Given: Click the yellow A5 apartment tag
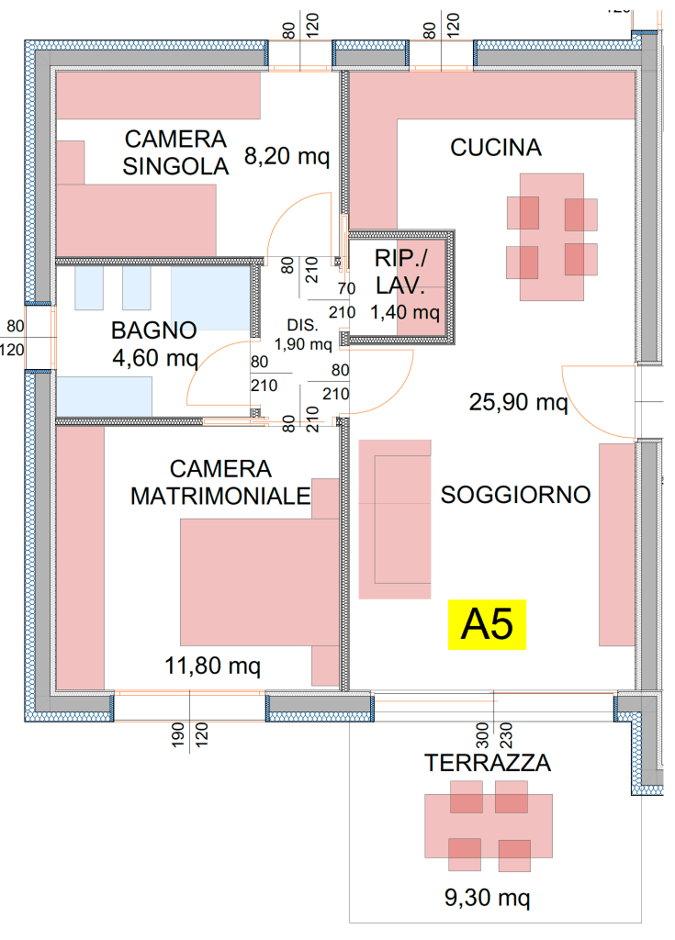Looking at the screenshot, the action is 487,624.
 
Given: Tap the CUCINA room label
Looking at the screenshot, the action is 496,148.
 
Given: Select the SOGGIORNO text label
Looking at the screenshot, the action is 515,495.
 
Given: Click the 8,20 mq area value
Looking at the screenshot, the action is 287,156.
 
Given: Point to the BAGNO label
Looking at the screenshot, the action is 153,330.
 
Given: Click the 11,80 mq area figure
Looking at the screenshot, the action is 212,666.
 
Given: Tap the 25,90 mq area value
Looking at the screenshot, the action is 518,402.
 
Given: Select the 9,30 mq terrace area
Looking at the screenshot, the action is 488,898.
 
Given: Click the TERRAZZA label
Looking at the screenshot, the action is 488,763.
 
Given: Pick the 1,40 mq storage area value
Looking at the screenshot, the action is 405,312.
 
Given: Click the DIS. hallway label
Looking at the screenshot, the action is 302,325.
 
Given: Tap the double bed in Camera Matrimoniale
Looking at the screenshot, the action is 259,582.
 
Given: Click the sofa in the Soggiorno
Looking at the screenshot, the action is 395,520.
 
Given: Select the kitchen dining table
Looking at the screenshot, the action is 551,237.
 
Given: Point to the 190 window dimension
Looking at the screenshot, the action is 177,734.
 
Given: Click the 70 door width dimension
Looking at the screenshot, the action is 346,288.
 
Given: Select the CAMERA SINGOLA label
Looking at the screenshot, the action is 175,152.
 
